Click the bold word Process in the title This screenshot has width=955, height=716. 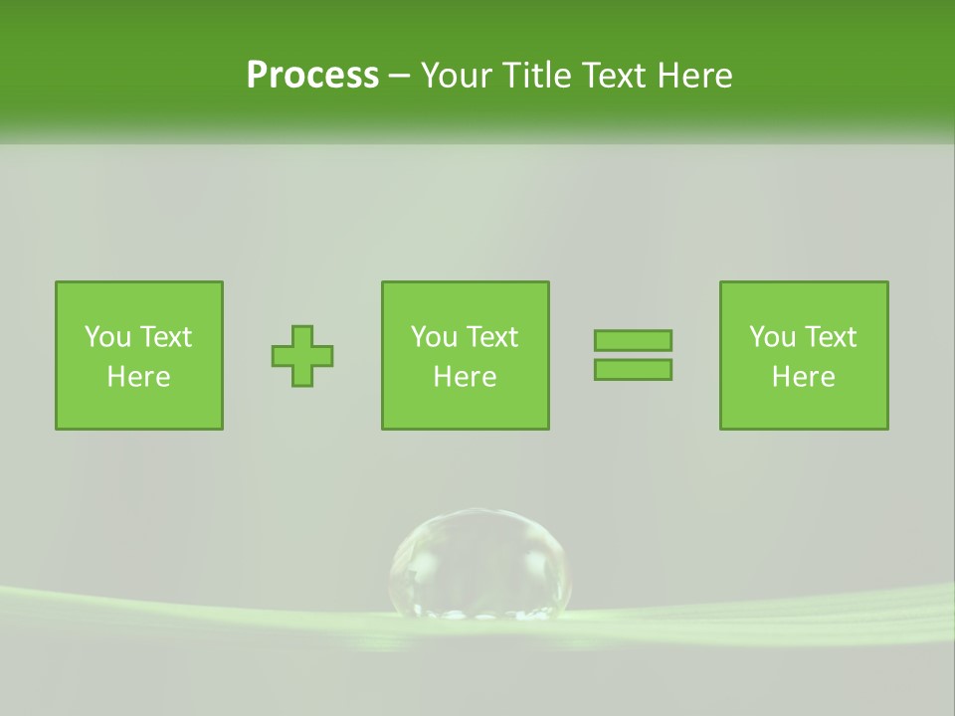pyautogui.click(x=312, y=76)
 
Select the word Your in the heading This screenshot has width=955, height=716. pyautogui.click(x=459, y=76)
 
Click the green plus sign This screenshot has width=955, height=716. pyautogui.click(x=302, y=356)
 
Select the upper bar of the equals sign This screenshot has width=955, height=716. pyautogui.click(x=633, y=340)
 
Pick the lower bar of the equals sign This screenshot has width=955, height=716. pyautogui.click(x=633, y=369)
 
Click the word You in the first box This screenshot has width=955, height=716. pyautogui.click(x=107, y=337)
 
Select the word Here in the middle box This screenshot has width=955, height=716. pyautogui.click(x=466, y=377)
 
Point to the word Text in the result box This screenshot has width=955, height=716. pyautogui.click(x=829, y=337)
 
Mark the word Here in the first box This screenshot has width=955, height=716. pyautogui.click(x=139, y=377)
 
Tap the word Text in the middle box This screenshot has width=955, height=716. pyautogui.click(x=490, y=337)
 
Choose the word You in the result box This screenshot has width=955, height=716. pyautogui.click(x=772, y=337)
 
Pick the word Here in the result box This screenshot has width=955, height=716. pyautogui.click(x=804, y=377)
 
